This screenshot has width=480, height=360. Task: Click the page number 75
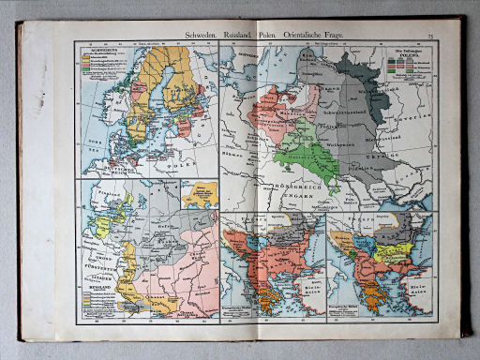(x=429, y=35)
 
